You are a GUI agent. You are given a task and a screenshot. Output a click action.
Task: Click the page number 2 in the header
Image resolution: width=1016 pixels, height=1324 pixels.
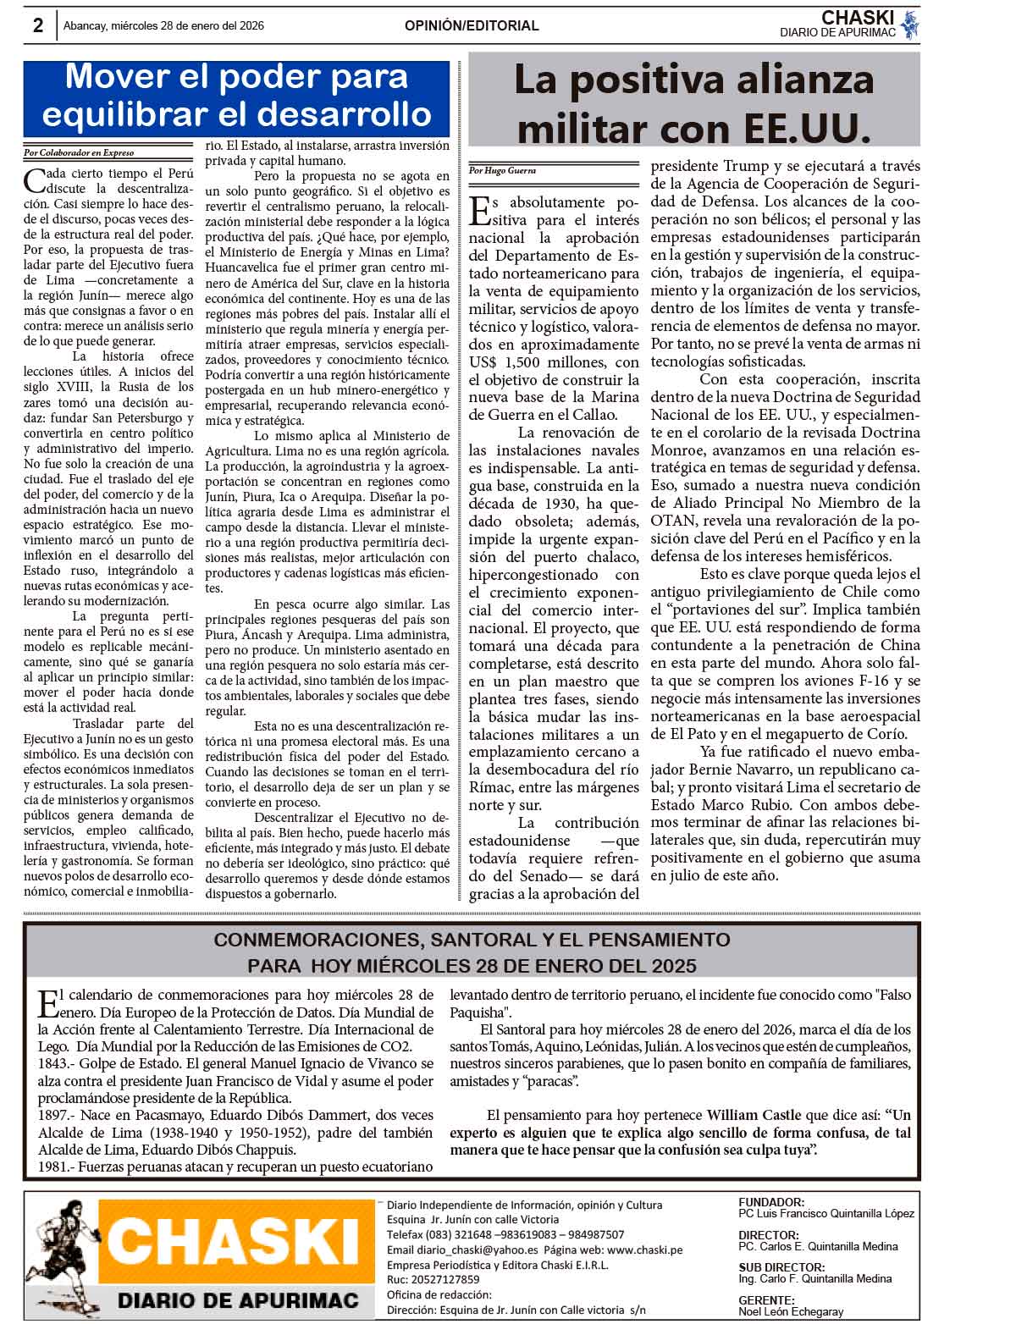pos(38,25)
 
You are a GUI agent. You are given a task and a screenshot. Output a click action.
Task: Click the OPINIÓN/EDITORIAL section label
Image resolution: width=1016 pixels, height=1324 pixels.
pos(472,26)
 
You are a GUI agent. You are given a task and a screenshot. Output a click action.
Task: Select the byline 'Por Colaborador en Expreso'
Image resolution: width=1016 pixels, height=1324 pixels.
pos(79,153)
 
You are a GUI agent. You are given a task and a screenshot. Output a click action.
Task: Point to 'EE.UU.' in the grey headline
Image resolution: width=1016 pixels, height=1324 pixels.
pos(808,129)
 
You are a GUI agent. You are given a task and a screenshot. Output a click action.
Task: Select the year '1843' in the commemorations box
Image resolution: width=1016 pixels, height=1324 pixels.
pos(53,1064)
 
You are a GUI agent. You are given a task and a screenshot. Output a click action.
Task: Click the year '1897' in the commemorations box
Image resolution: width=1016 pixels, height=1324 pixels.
pos(53,1115)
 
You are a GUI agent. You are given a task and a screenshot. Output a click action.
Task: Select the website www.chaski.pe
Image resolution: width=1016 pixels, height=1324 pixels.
pos(644,1250)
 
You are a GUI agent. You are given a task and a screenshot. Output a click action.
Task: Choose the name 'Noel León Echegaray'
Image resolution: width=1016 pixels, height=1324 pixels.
pos(791,1311)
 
